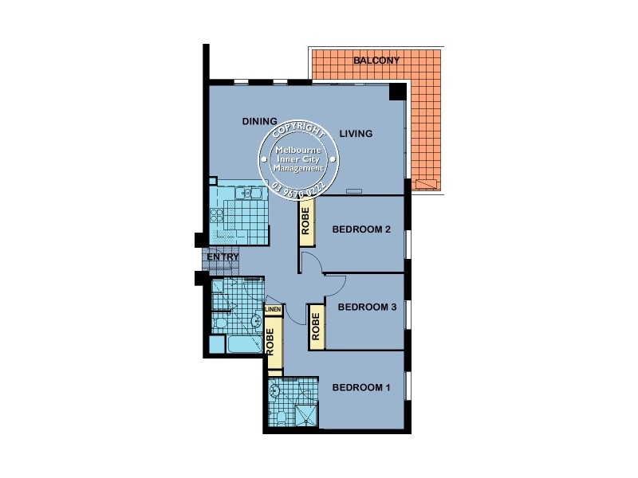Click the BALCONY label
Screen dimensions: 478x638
pyautogui.click(x=376, y=60)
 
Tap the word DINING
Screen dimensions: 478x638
pyautogui.click(x=259, y=121)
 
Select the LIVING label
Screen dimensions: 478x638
pyautogui.click(x=356, y=134)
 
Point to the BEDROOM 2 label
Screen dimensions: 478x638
pyautogui.click(x=360, y=230)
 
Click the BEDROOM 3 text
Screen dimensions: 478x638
pyautogui.click(x=367, y=307)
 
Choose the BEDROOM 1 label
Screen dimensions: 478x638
pyautogui.click(x=360, y=388)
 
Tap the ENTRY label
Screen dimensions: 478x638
pyautogui.click(x=223, y=257)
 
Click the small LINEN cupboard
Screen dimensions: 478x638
pyautogui.click(x=273, y=309)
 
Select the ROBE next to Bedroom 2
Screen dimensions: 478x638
pyautogui.click(x=306, y=225)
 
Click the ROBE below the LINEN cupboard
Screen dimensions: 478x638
pyautogui.click(x=274, y=345)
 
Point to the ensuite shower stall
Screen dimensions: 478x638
pyautogui.click(x=304, y=415)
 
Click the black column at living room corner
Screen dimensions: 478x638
pyautogui.click(x=396, y=92)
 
